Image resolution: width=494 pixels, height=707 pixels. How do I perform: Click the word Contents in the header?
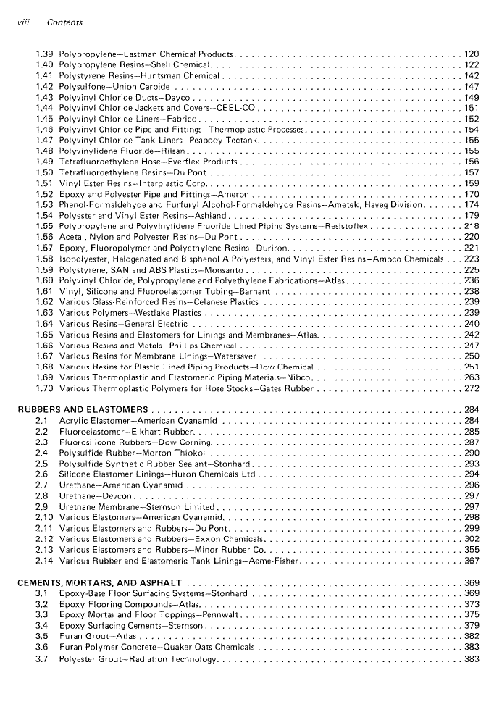pyautogui.click(x=64, y=22)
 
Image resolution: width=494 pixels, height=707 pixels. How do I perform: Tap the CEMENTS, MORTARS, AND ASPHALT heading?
pyautogui.click(x=100, y=582)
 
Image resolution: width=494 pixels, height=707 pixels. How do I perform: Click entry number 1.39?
pyautogui.click(x=44, y=54)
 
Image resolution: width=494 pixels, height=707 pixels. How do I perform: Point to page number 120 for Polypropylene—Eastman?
pyautogui.click(x=472, y=54)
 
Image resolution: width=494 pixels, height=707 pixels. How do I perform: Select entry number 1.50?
pyautogui.click(x=44, y=172)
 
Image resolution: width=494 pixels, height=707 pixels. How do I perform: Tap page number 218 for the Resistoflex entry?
pyautogui.click(x=472, y=226)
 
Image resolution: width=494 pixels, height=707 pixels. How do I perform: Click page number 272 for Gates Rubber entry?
pyautogui.click(x=472, y=388)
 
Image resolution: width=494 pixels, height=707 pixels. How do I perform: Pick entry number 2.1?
pyautogui.click(x=41, y=421)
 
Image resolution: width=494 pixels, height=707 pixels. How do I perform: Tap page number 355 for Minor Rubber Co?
pyautogui.click(x=472, y=550)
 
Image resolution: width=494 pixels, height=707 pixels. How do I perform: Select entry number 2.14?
pyautogui.click(x=44, y=561)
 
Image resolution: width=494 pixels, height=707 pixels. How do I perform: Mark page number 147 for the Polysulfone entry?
pyautogui.click(x=472, y=87)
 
